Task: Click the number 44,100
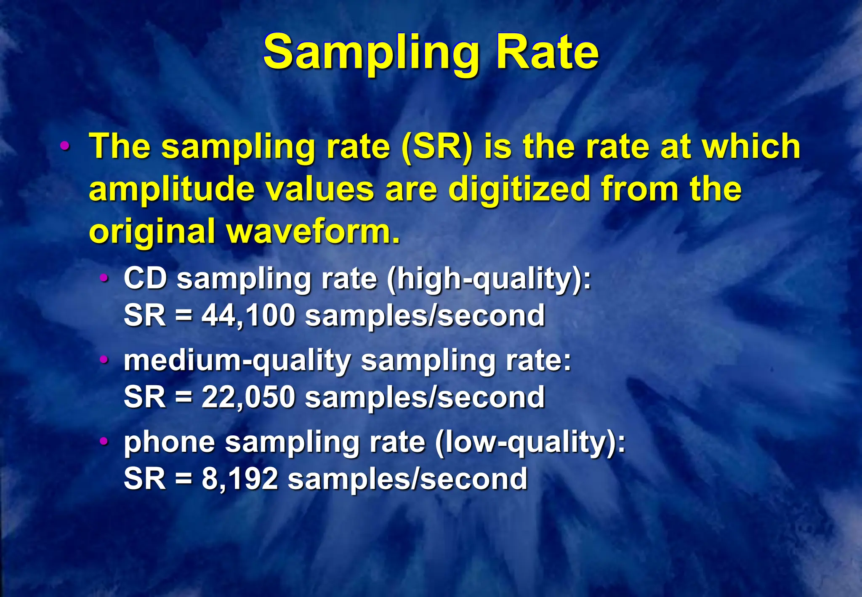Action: coord(248,315)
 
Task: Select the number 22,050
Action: coord(248,397)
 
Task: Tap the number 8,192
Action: coord(240,479)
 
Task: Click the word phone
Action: coord(169,443)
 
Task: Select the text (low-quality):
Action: coord(530,443)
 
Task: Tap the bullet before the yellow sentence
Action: coord(65,147)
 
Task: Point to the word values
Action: coord(320,189)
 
